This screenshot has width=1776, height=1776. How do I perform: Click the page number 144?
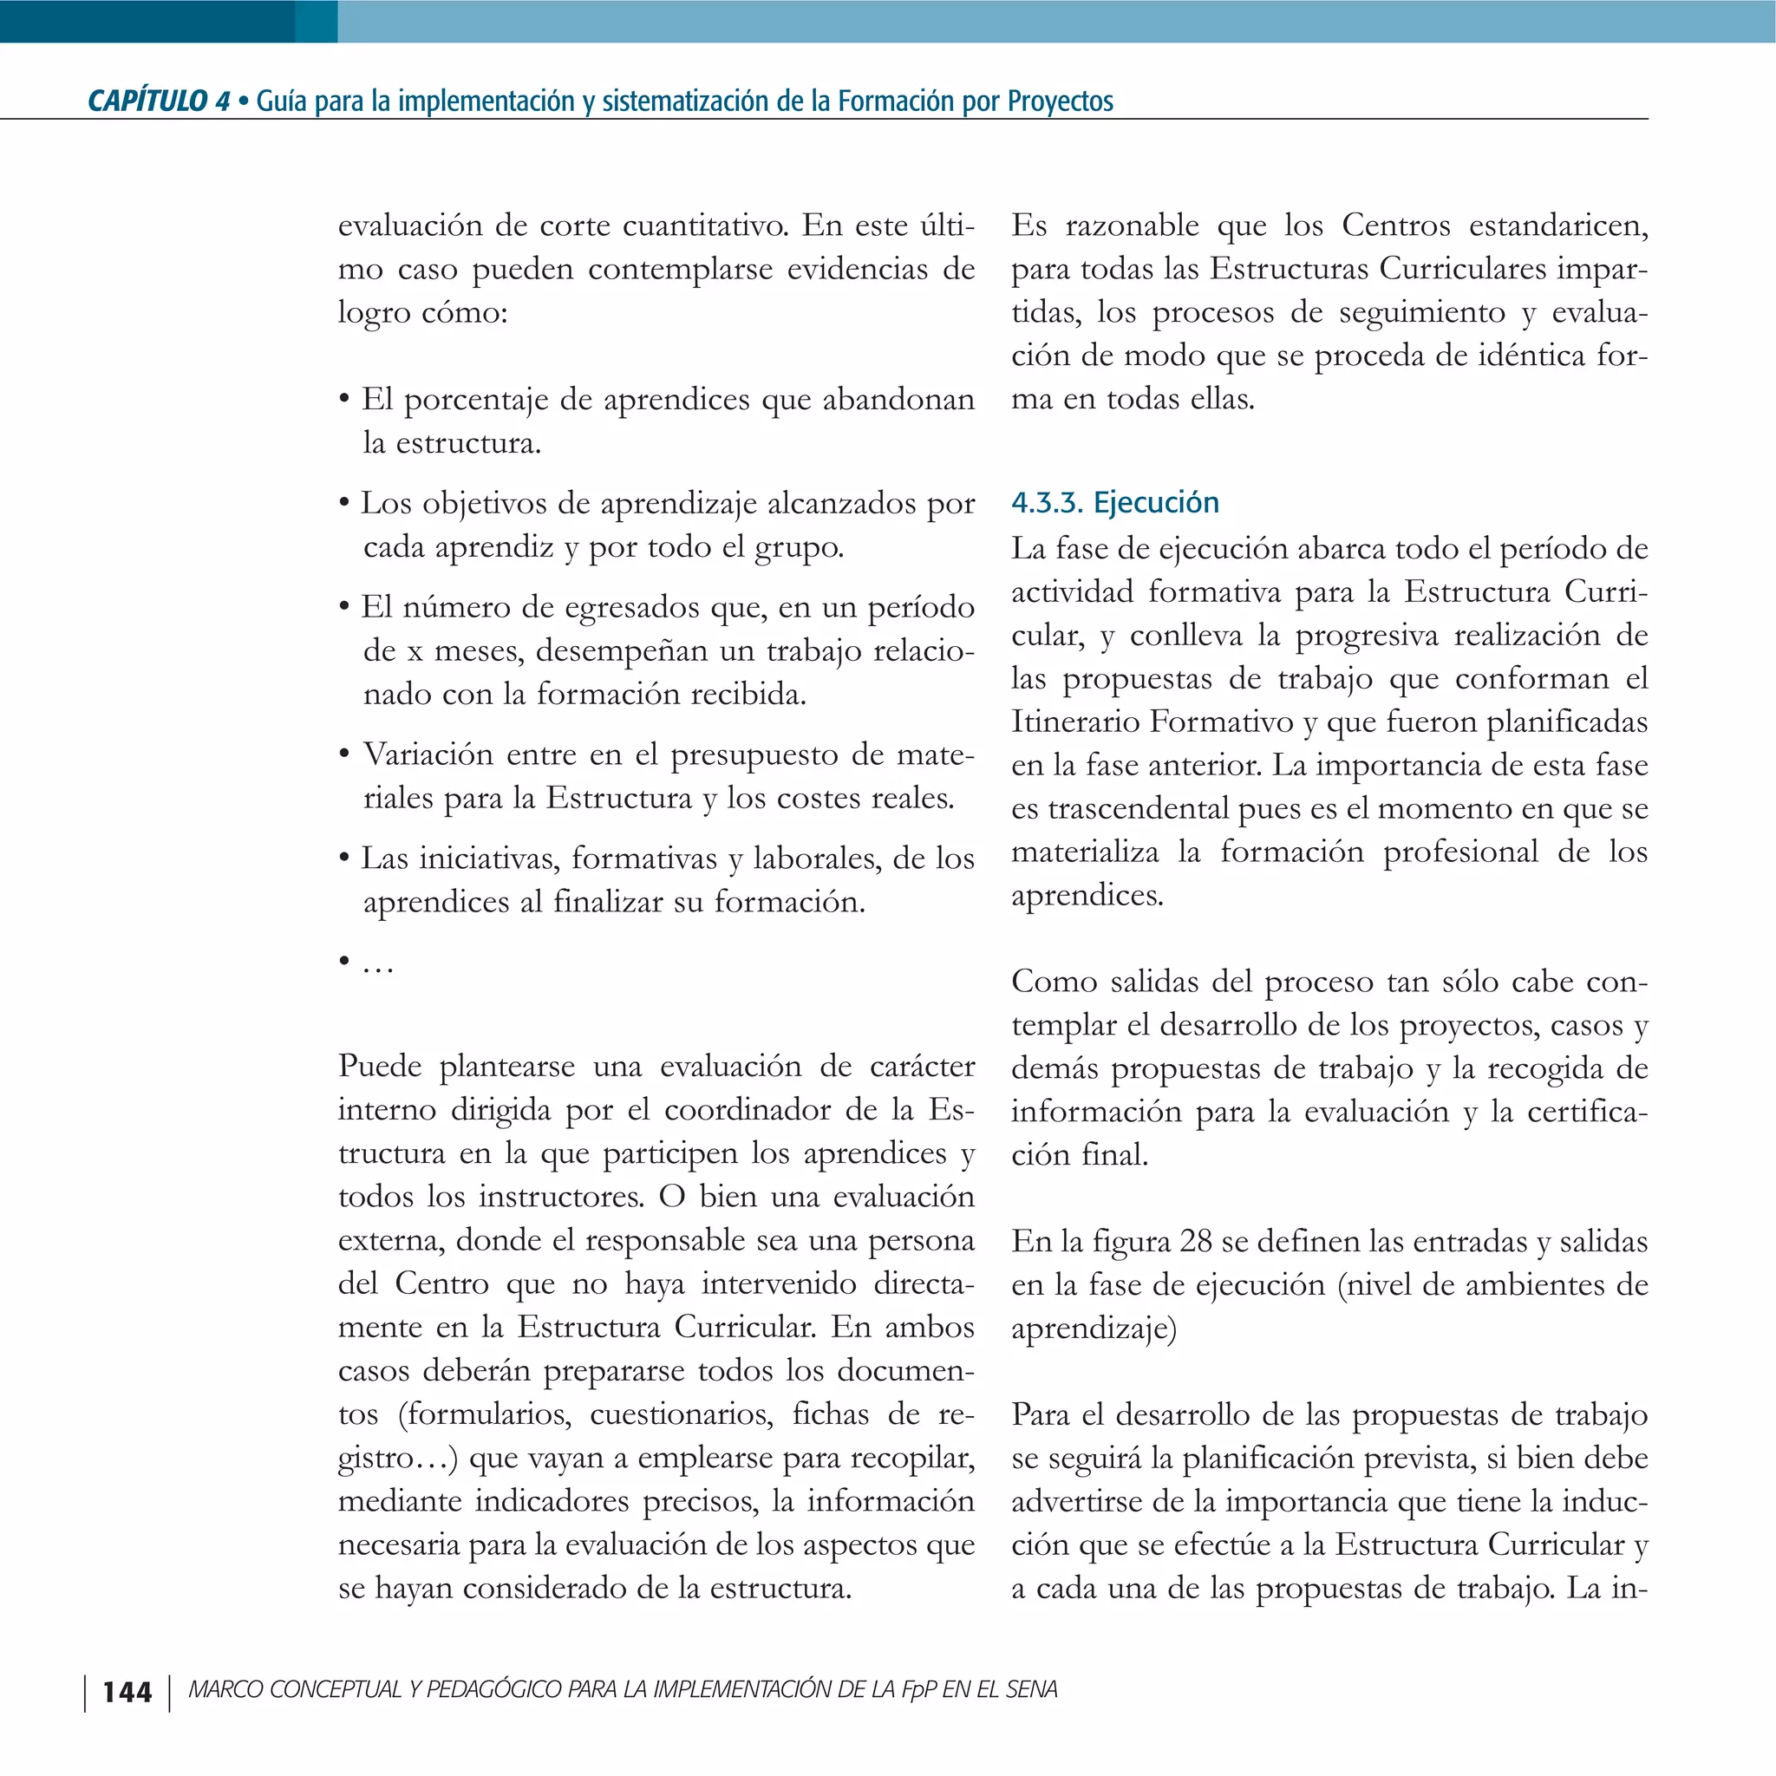click(x=127, y=1691)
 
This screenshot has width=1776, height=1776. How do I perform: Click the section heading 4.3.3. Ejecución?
click(x=1114, y=503)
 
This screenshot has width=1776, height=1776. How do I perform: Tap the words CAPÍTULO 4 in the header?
click(x=158, y=101)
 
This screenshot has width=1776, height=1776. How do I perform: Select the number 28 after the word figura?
click(x=1196, y=1241)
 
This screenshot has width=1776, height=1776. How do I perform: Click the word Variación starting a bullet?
click(x=428, y=754)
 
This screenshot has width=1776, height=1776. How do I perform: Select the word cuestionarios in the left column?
click(x=681, y=1414)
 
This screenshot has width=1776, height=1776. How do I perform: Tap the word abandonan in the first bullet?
click(x=898, y=400)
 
